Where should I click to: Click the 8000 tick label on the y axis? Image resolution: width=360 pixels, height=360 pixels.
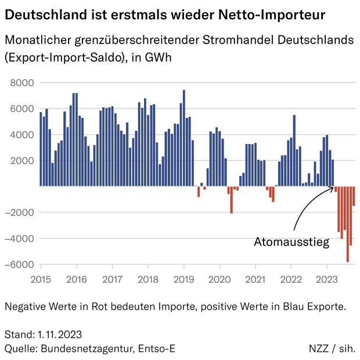click(23, 82)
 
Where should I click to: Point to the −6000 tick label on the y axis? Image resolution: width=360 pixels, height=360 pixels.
click(20, 264)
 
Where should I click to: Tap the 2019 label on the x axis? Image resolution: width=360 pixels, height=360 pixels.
click(184, 279)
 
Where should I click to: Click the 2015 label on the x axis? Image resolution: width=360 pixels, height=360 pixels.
click(41, 279)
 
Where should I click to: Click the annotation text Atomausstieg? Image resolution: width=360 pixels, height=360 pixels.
click(291, 242)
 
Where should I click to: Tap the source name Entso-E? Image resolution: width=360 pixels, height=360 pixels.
click(156, 348)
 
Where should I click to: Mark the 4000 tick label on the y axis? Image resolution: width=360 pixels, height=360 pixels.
click(23, 135)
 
